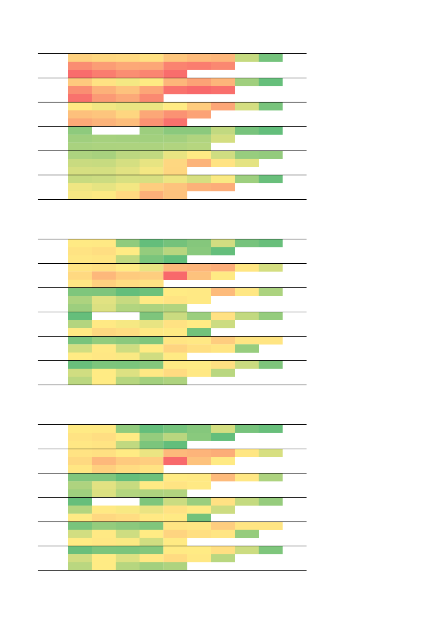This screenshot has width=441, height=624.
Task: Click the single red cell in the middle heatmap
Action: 175,276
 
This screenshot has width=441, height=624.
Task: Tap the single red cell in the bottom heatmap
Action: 175,461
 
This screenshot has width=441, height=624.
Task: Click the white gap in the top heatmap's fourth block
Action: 116,130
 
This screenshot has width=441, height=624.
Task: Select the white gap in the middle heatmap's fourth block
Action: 116,316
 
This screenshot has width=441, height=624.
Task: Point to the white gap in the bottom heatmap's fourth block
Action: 116,502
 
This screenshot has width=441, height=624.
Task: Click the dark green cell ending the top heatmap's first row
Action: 271,58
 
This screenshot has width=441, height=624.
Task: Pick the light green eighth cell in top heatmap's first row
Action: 247,58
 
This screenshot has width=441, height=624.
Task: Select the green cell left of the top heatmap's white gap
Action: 80,130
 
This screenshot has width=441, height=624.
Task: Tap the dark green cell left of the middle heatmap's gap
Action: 80,316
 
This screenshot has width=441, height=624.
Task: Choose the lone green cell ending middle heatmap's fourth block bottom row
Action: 199,332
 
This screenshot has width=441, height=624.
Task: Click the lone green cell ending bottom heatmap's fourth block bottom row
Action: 199,518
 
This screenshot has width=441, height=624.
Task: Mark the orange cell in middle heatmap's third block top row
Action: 223,292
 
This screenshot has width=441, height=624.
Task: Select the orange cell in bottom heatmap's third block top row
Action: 223,477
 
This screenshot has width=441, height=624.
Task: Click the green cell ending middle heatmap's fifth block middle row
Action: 247,349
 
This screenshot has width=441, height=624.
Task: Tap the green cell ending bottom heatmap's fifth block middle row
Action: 247,534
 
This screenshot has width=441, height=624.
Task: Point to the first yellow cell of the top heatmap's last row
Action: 80,195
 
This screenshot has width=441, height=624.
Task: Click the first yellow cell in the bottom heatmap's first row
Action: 80,429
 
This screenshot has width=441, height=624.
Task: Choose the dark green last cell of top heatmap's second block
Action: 271,82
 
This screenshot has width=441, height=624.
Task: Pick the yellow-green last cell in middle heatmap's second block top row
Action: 271,267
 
